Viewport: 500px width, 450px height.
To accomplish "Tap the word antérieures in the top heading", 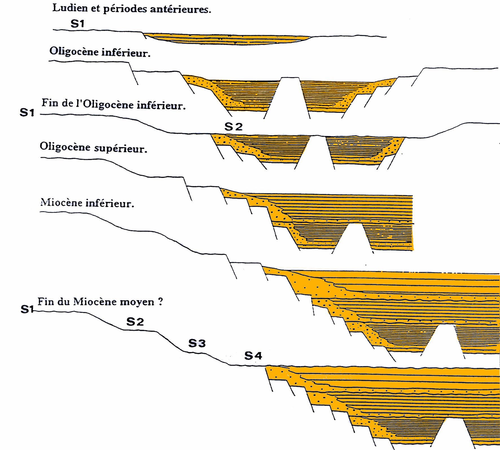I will click(181, 9).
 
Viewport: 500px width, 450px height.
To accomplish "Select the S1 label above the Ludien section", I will click(78, 24).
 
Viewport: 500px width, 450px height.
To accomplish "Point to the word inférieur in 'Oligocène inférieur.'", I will click(126, 53).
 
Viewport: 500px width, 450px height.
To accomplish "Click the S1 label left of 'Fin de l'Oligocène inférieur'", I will click(27, 113).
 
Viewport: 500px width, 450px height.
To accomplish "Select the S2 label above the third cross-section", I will click(233, 127).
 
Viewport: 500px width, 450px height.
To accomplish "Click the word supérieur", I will click(121, 148).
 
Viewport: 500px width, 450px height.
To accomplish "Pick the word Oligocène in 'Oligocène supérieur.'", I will click(65, 147).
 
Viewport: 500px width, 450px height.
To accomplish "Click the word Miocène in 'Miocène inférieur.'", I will click(61, 203).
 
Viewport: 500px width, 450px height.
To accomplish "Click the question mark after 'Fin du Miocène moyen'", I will click(160, 302).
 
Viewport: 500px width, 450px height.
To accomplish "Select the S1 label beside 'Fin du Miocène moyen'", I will click(27, 309).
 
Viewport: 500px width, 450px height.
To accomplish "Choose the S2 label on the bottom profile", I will click(135, 322).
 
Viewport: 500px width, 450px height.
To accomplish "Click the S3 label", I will click(197, 343).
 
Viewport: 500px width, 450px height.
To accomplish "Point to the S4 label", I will click(253, 356).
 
